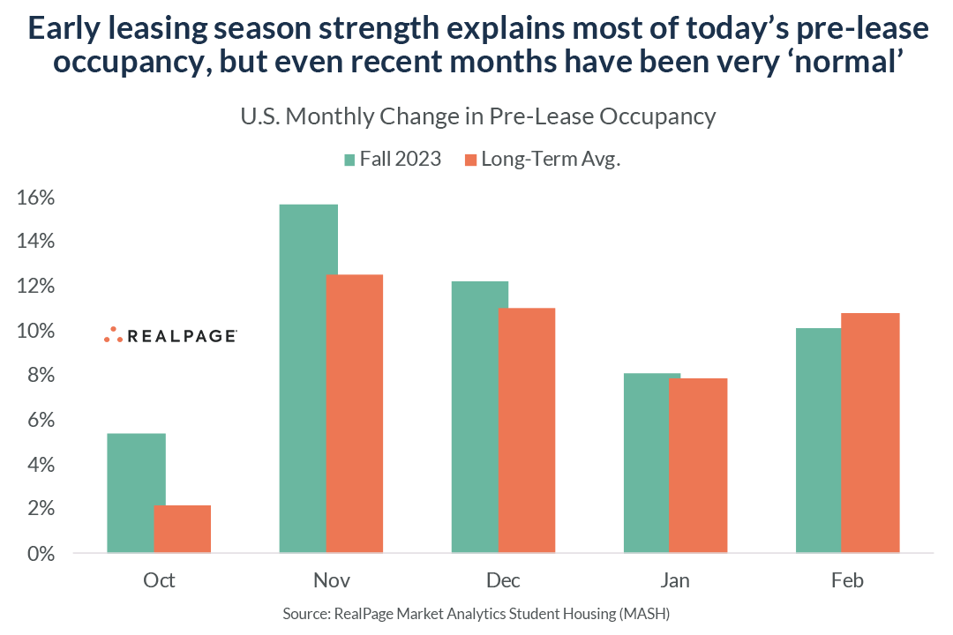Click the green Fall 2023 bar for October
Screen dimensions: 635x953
pyautogui.click(x=136, y=494)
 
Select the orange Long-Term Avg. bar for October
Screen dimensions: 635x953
pyautogui.click(x=183, y=529)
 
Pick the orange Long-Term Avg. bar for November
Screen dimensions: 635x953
pyautogui.click(x=355, y=415)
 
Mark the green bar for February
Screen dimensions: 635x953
pyautogui.click(x=818, y=441)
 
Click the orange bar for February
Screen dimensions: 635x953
pyautogui.click(x=870, y=433)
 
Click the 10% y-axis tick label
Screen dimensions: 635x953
pyautogui.click(x=36, y=332)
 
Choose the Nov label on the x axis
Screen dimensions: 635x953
pyautogui.click(x=331, y=580)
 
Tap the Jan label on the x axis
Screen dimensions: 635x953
pyautogui.click(x=675, y=580)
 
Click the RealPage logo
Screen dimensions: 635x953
pyautogui.click(x=169, y=335)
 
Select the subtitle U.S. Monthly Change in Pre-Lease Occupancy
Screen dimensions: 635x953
pyautogui.click(x=476, y=116)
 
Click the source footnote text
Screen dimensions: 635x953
pyautogui.click(x=476, y=613)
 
